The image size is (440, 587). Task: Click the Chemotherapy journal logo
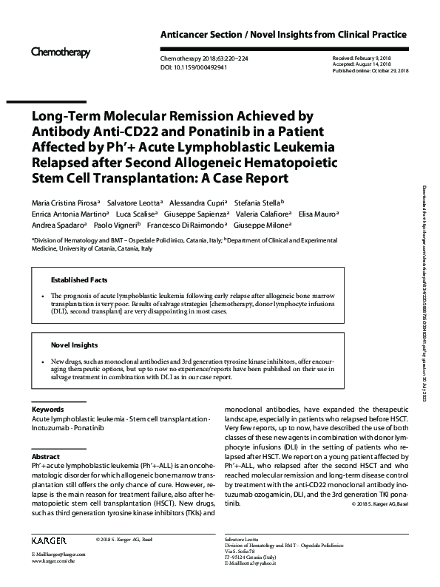(60, 52)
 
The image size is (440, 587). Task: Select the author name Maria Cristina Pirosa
(64, 202)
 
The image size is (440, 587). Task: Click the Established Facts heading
(79, 280)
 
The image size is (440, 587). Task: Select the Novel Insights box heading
(73, 345)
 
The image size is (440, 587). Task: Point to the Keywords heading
(47, 409)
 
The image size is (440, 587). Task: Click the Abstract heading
(45, 457)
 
